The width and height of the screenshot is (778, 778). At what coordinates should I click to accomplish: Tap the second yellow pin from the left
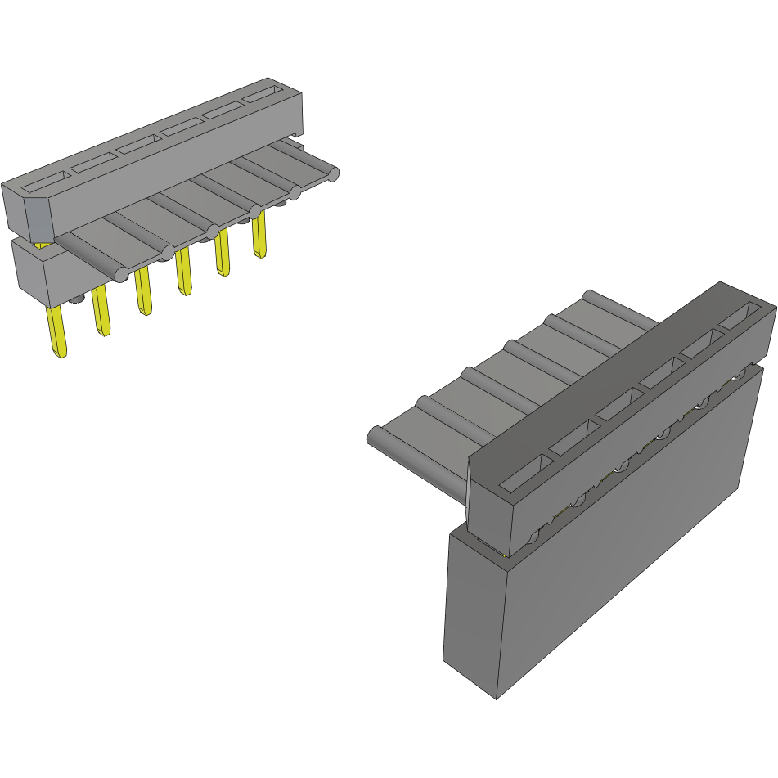(101, 311)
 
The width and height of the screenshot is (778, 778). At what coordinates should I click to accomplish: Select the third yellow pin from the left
(143, 291)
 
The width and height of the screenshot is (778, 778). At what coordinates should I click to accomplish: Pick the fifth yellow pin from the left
(222, 253)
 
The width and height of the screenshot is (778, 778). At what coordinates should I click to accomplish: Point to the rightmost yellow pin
(259, 236)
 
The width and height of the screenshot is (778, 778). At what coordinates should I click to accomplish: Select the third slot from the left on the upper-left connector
(137, 145)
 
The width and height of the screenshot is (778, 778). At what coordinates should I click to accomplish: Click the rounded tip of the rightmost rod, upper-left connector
(333, 173)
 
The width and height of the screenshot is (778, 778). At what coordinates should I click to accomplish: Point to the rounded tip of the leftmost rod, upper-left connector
(120, 273)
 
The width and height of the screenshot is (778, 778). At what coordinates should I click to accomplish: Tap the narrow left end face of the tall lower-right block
(473, 614)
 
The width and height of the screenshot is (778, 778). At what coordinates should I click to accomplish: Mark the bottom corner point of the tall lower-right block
(497, 699)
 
